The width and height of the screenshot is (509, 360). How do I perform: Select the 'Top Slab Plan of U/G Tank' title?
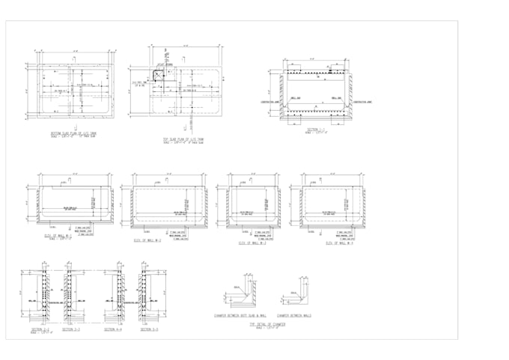point(186,139)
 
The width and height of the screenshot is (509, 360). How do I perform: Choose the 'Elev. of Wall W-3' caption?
point(252,242)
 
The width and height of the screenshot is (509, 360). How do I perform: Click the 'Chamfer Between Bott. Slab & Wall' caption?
point(240,315)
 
